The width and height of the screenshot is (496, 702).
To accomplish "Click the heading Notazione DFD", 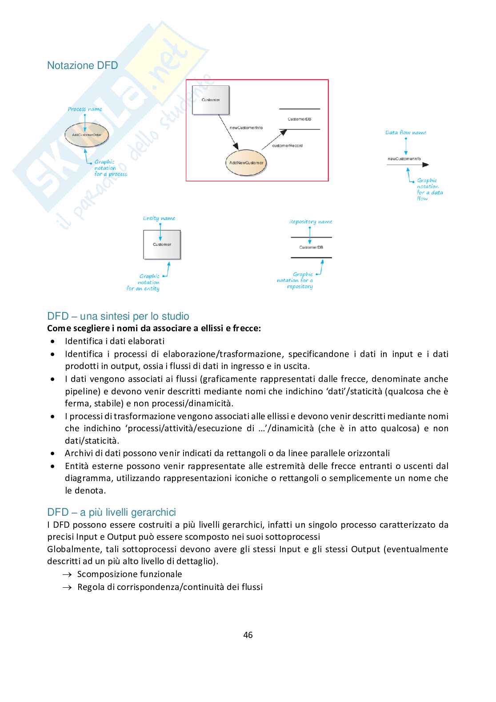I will (x=82, y=66).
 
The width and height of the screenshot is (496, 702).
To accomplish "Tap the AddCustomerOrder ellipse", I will (x=87, y=135).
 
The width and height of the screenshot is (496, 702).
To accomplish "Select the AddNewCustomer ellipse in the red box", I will (x=246, y=163).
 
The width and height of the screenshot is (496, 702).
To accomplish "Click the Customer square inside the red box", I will (x=211, y=100).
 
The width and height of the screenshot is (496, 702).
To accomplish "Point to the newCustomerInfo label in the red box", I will (x=246, y=128).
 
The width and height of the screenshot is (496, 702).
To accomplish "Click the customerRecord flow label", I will (x=287, y=146).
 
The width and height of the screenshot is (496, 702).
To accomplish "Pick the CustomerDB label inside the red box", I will (x=299, y=119).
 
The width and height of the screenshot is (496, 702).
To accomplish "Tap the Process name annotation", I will (x=85, y=109).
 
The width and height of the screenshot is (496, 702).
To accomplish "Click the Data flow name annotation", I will (x=406, y=132).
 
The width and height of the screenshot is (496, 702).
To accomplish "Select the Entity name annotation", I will (x=159, y=218).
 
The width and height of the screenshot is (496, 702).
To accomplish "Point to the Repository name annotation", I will (x=311, y=222).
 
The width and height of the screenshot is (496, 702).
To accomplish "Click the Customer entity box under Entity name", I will (x=162, y=245).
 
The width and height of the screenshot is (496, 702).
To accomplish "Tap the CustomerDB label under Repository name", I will (x=311, y=248).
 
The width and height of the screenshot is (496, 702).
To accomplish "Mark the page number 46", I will (x=248, y=635).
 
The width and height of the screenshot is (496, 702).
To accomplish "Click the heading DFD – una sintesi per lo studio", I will (x=118, y=316).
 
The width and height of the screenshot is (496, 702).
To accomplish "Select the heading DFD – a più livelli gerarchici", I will (x=112, y=512).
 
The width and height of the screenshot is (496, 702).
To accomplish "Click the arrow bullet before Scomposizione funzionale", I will (x=67, y=574).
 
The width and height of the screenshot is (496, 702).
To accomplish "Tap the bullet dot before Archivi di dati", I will (x=53, y=453).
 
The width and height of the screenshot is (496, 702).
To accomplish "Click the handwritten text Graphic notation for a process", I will (x=110, y=168).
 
